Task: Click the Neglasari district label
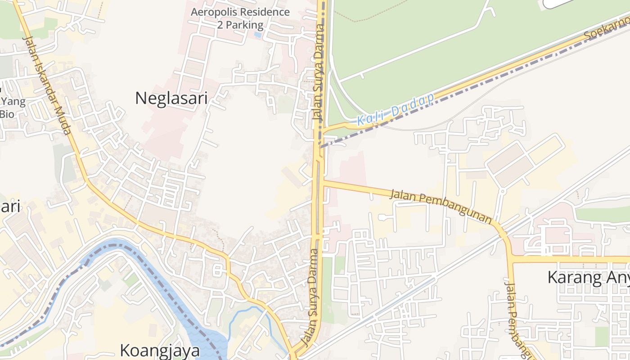point(171,98)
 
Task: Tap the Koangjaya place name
point(160,350)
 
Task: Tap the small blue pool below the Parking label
point(257,34)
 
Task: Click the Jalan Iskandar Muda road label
point(47,85)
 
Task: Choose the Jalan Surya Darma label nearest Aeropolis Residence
point(319,72)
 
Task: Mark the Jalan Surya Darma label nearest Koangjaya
point(313,297)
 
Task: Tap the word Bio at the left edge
point(7,114)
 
